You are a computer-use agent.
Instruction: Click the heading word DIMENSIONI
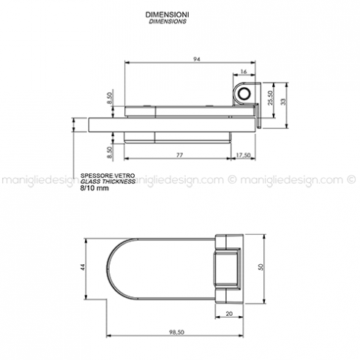(x=168, y=15)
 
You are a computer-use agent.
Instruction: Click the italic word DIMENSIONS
(x=168, y=21)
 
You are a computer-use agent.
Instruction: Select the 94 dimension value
(x=197, y=59)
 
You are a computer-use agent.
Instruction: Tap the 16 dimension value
(x=244, y=72)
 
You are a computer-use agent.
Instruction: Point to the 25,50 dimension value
(x=270, y=98)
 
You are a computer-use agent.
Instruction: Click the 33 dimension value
(x=283, y=102)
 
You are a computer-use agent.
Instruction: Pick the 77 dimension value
(x=179, y=155)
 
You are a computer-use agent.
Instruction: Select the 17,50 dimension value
(x=243, y=155)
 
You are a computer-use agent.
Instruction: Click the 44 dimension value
(x=83, y=267)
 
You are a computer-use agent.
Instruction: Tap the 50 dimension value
(x=260, y=267)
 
